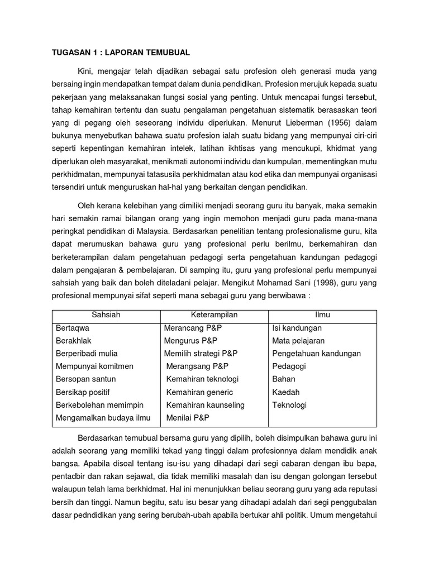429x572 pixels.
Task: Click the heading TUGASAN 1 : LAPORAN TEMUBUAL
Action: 121,53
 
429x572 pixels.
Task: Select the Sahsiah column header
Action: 106,315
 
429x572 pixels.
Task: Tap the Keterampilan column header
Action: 214,315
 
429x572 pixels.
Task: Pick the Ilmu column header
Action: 323,315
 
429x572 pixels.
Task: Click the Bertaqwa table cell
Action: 73,328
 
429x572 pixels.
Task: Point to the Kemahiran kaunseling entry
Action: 206,405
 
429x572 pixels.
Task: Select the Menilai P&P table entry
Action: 187,418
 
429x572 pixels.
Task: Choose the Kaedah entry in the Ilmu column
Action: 285,392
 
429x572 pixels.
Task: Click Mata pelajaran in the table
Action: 298,341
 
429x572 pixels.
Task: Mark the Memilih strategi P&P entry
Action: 201,354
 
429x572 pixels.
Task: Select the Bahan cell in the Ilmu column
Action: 284,379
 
